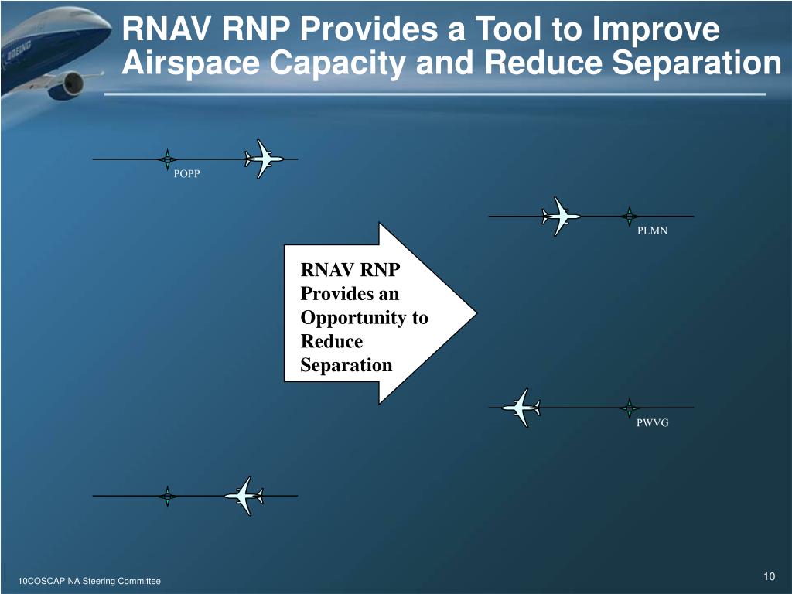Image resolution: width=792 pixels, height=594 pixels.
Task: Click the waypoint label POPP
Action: [x=186, y=174]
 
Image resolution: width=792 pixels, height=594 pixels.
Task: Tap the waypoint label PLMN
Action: [x=652, y=230]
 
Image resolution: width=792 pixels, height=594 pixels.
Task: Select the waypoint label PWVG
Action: [x=652, y=423]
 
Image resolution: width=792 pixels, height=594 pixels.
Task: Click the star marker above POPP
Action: [x=167, y=159]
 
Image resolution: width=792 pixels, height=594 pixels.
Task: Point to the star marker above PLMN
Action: [x=630, y=217]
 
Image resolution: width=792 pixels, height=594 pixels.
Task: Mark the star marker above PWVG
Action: [x=630, y=408]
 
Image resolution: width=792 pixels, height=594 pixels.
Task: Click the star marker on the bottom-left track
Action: [x=167, y=496]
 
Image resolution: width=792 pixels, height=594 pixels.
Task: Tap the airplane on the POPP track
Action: [x=263, y=159]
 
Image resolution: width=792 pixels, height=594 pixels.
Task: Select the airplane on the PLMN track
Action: [x=560, y=217]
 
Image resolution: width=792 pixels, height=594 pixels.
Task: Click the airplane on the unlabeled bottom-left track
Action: [x=244, y=496]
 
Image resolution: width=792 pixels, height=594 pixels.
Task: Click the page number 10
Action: [x=769, y=577]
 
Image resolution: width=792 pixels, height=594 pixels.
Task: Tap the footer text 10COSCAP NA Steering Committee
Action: [x=89, y=581]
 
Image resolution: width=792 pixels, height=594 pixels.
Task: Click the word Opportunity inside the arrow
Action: [x=364, y=318]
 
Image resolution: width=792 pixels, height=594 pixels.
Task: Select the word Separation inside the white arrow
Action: [x=346, y=365]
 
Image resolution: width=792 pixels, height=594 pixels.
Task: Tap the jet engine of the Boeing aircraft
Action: [x=68, y=84]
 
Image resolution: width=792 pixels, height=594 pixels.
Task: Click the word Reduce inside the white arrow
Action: [x=331, y=341]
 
